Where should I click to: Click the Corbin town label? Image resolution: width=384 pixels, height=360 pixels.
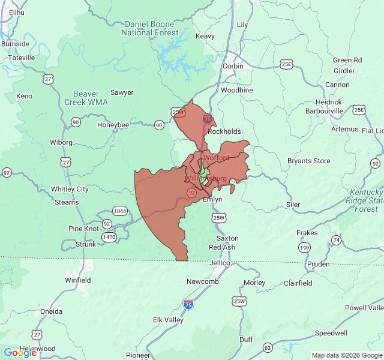click(x=233, y=66)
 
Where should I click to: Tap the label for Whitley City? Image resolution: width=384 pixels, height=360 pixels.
click(x=70, y=189)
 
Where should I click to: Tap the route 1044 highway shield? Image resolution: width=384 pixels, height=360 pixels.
click(x=120, y=211)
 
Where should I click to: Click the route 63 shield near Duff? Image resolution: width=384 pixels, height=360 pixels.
click(x=268, y=348)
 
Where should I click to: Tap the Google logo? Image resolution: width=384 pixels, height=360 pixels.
click(x=20, y=352)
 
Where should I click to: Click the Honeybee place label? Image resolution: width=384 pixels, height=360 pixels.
click(x=113, y=125)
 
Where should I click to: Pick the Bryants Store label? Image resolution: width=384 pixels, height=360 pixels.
click(x=308, y=161)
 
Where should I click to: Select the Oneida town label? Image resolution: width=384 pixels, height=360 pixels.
click(x=51, y=311)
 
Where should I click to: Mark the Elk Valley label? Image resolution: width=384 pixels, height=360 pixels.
click(x=168, y=320)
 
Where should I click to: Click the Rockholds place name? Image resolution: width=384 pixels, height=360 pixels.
click(x=224, y=131)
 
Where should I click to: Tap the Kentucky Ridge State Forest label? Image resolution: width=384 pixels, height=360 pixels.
click(x=365, y=200)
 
